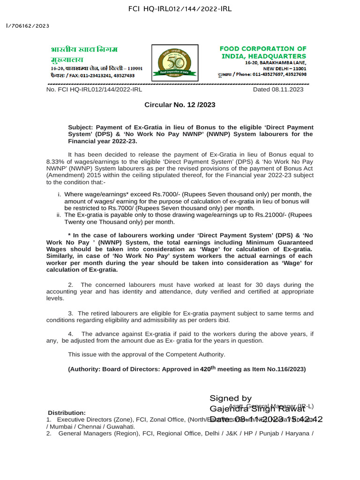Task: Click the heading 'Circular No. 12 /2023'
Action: tap(180, 105)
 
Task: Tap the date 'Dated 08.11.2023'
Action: tap(278, 90)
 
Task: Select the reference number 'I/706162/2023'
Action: tap(27, 26)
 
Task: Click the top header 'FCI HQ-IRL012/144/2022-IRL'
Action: tap(180, 9)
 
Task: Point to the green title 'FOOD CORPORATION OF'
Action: tap(263, 49)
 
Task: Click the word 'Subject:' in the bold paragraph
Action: tap(82, 127)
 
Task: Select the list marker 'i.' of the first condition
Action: tap(59, 194)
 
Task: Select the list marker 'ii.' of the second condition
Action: tap(59, 215)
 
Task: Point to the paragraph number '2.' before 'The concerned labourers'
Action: tap(71, 285)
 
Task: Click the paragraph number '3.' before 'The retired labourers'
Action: tap(71, 313)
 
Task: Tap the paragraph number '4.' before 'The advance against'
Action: tap(71, 334)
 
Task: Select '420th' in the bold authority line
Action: tap(207, 369)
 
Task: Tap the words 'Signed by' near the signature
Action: tap(231, 398)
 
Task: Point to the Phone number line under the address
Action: tap(262, 74)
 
